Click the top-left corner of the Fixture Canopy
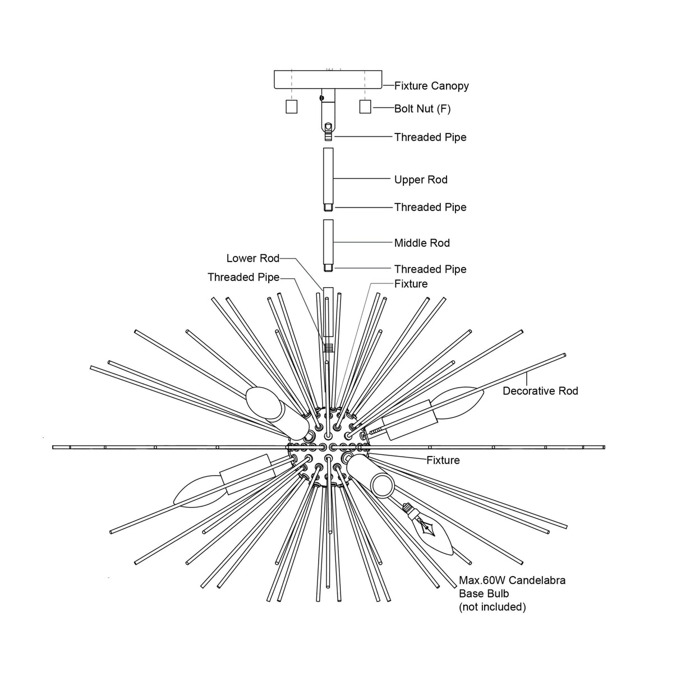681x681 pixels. point(275,71)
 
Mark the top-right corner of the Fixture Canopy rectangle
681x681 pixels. point(382,71)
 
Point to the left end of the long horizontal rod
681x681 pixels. point(53,448)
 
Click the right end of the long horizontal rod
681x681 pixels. point(605,448)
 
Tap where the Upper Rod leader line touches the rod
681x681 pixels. point(333,179)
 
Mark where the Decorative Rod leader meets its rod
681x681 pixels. point(527,373)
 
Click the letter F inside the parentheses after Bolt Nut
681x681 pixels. point(444,109)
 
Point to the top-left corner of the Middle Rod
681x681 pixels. point(323,220)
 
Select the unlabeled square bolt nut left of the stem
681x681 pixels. point(292,107)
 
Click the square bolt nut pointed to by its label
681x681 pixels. point(365,107)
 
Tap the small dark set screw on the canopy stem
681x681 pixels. point(321,98)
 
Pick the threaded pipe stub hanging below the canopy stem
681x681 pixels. point(328,132)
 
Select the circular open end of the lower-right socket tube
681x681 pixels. point(382,486)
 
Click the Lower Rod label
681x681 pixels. point(253,259)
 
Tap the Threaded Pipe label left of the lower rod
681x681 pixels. point(243,278)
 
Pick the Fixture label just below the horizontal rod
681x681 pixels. point(443,460)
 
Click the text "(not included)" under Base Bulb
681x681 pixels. point(493,607)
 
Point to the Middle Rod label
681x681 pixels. point(422,243)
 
